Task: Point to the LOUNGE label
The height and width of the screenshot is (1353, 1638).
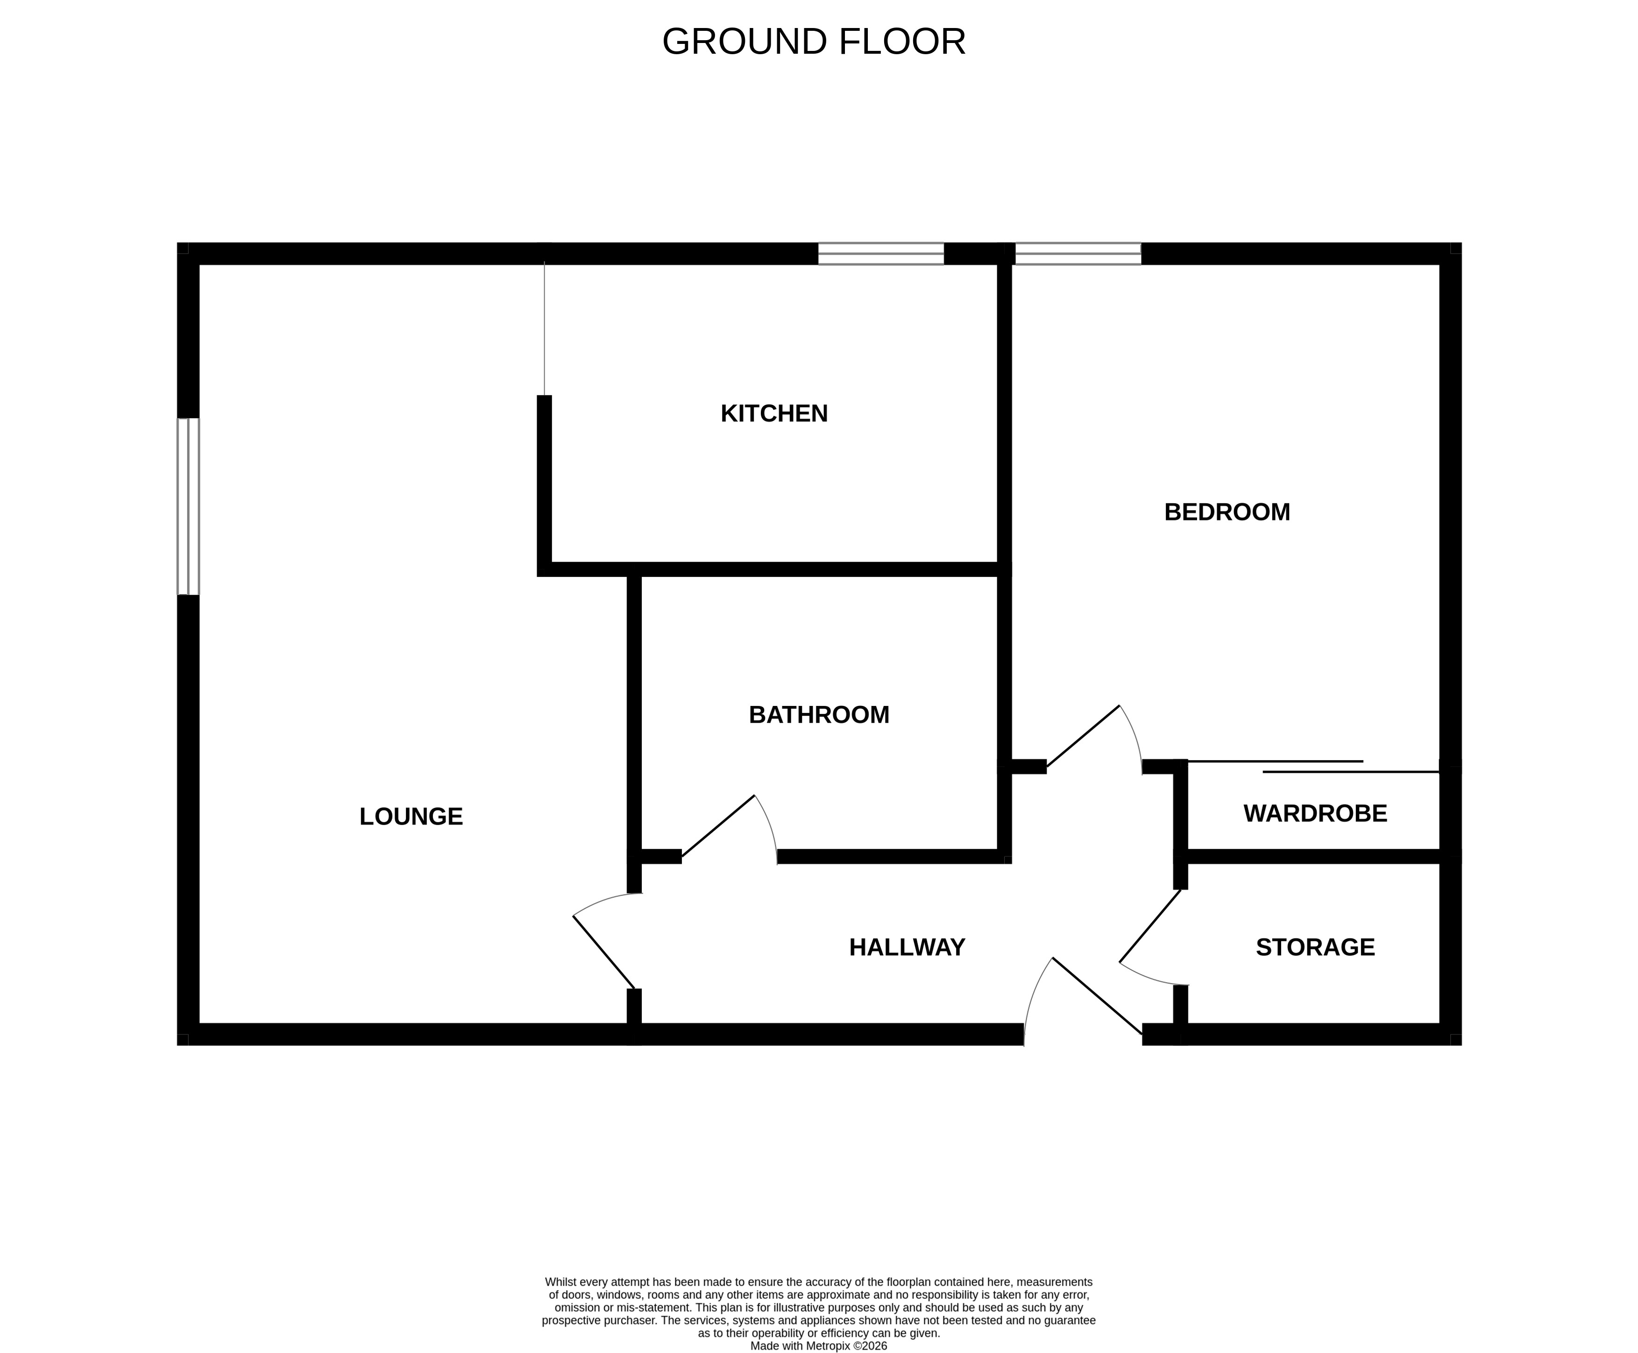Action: tap(411, 817)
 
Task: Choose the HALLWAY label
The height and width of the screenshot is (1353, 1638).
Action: tap(907, 947)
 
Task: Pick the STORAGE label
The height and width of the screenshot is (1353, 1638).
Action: tap(1315, 947)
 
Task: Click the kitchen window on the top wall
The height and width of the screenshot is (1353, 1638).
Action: tap(880, 253)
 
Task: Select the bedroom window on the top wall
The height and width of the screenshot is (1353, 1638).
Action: tap(1078, 253)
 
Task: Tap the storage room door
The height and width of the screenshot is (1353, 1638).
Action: tap(1150, 939)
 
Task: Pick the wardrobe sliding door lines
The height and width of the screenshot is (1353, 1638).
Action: tap(1312, 766)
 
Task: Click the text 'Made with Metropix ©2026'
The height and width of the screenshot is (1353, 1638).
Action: tap(818, 1346)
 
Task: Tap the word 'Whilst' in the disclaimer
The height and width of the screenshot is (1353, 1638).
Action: tap(561, 1282)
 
